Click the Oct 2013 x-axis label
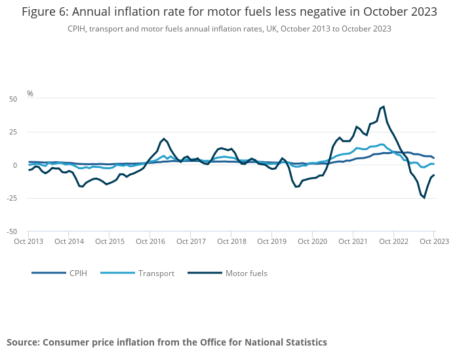tap(28, 241)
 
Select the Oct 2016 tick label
tap(150, 241)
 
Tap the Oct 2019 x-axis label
tap(271, 241)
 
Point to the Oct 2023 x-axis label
tap(433, 241)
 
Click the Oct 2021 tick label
tap(352, 241)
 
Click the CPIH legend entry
tap(78, 273)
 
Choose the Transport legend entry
tap(156, 273)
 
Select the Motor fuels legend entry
tap(246, 273)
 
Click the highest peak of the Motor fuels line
tap(384, 106)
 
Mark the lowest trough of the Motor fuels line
tap(424, 197)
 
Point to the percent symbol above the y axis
tap(30, 94)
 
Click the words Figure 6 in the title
tap(44, 12)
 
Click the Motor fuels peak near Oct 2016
tap(164, 139)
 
